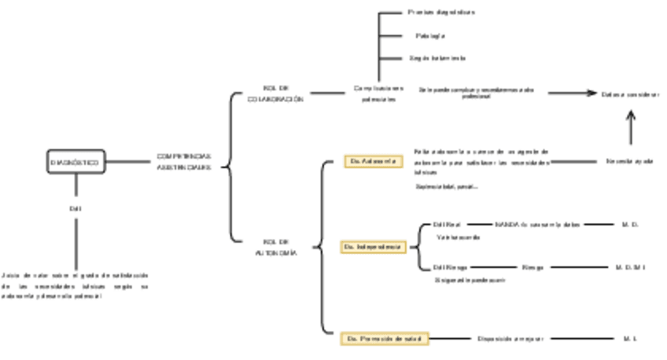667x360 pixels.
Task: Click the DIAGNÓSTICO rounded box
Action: (75, 163)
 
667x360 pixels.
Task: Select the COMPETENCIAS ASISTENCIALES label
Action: (183, 163)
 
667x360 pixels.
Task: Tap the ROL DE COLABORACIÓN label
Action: (275, 94)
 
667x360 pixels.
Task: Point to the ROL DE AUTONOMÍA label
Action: (275, 248)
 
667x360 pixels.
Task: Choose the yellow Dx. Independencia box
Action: (373, 247)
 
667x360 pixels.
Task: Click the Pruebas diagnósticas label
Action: (441, 13)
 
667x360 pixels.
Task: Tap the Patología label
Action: (430, 35)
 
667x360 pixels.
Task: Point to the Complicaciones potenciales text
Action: (379, 94)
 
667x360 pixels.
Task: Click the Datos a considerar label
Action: (631, 94)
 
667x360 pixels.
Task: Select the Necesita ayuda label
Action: (630, 161)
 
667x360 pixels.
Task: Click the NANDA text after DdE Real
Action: (537, 225)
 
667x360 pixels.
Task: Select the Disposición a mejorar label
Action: (505, 339)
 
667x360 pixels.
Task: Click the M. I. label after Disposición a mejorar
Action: (629, 339)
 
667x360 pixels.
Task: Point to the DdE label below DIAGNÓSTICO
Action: (76, 208)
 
